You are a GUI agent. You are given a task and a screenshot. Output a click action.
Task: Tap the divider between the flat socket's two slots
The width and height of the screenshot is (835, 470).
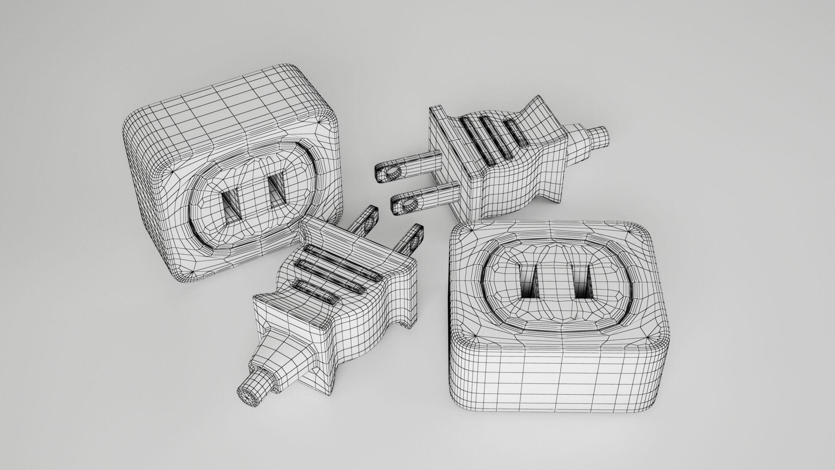(x=556, y=283)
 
